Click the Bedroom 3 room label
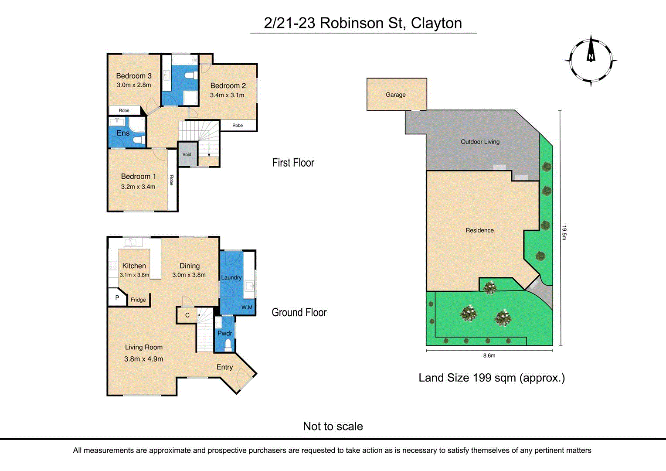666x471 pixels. click(134, 76)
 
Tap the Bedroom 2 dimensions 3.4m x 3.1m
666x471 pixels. click(227, 95)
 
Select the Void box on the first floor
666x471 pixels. click(187, 154)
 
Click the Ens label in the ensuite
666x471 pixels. click(123, 133)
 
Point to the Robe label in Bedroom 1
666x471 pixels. click(172, 180)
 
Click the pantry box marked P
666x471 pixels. click(117, 298)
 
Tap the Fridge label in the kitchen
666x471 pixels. click(138, 300)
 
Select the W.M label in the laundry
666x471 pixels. click(247, 307)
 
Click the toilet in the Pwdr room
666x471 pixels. click(228, 345)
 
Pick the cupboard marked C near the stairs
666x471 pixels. click(187, 315)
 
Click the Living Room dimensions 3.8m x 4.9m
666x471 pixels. click(143, 359)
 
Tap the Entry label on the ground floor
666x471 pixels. click(224, 367)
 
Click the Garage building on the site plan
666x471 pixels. click(396, 95)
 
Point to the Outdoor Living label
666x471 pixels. click(480, 142)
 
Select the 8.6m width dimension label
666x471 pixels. click(489, 355)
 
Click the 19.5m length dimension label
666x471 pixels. click(564, 232)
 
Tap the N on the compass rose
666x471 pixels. click(591, 57)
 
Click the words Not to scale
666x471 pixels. click(333, 426)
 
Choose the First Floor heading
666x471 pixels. click(293, 163)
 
